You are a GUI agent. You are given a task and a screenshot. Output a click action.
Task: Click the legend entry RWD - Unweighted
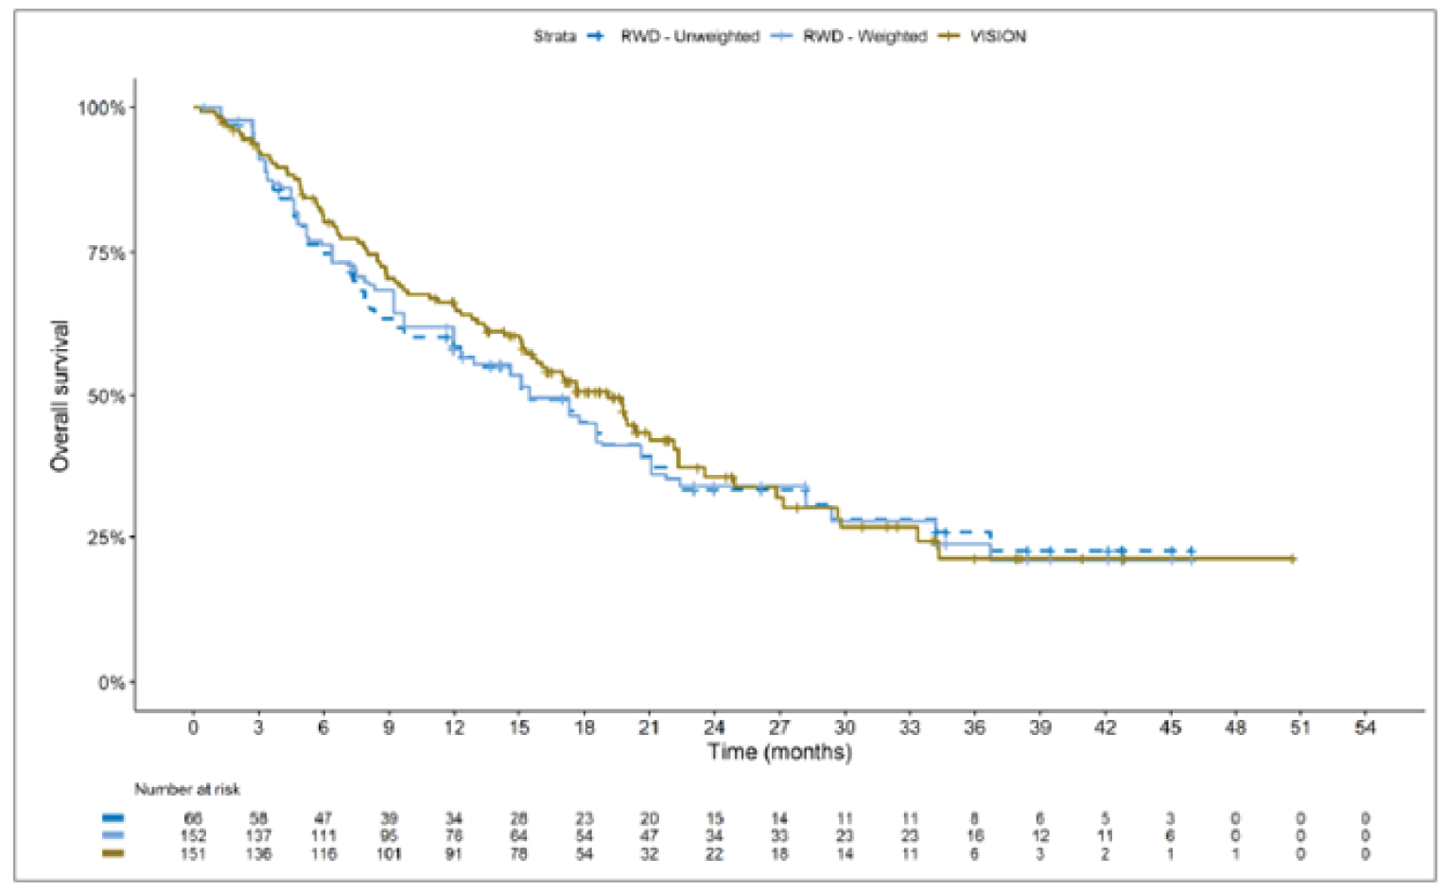(689, 37)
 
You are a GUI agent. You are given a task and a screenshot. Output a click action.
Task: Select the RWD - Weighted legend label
(864, 37)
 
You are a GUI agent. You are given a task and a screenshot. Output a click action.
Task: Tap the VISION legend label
(998, 37)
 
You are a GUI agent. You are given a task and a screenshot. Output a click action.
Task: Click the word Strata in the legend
(554, 37)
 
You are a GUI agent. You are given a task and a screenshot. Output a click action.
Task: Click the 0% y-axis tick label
(112, 683)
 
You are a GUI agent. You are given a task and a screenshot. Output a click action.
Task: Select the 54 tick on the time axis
(1365, 727)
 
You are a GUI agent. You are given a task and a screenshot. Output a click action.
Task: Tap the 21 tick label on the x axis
(649, 727)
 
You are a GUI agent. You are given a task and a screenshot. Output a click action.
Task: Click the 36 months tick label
(974, 727)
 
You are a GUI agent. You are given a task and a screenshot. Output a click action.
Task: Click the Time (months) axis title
(779, 752)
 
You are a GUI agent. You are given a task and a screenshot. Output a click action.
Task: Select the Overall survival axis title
(60, 396)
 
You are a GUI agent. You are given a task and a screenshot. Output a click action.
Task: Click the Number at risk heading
(187, 789)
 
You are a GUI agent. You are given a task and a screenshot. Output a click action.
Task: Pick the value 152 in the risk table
(193, 836)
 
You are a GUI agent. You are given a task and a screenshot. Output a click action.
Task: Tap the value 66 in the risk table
(193, 818)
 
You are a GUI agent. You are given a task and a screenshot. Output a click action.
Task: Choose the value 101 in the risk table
(389, 854)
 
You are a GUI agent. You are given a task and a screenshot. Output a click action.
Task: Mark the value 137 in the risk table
(258, 836)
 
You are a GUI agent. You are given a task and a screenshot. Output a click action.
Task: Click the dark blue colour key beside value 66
(113, 818)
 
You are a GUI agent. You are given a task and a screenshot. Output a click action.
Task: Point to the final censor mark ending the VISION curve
(1292, 559)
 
